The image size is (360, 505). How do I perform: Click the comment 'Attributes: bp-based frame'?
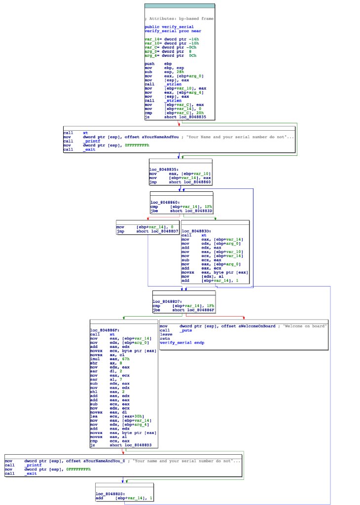click(180, 18)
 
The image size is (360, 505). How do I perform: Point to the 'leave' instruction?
click(166, 334)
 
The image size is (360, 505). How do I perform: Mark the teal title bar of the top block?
click(180, 6)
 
